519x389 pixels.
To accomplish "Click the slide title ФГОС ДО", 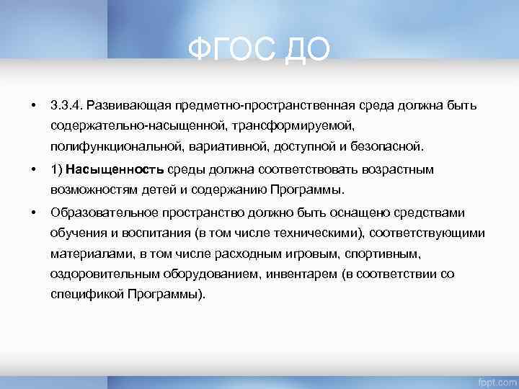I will pyautogui.click(x=259, y=50).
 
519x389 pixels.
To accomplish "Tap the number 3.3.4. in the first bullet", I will pyautogui.click(x=67, y=106).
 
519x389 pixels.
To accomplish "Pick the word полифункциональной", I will pyautogui.click(x=117, y=148).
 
